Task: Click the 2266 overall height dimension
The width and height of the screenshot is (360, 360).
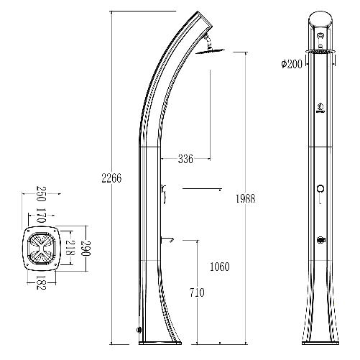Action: (111, 178)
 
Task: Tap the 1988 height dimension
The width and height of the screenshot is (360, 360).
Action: (246, 198)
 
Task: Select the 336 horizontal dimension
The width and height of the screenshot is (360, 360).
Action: (185, 159)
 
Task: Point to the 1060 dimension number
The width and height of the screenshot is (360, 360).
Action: (220, 267)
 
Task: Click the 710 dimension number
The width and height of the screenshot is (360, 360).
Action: (197, 292)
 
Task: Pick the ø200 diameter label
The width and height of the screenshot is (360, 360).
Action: (292, 64)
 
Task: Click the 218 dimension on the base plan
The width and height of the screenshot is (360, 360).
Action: (70, 248)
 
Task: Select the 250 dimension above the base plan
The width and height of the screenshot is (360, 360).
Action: (40, 194)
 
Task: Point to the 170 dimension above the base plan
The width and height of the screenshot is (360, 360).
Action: (40, 216)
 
